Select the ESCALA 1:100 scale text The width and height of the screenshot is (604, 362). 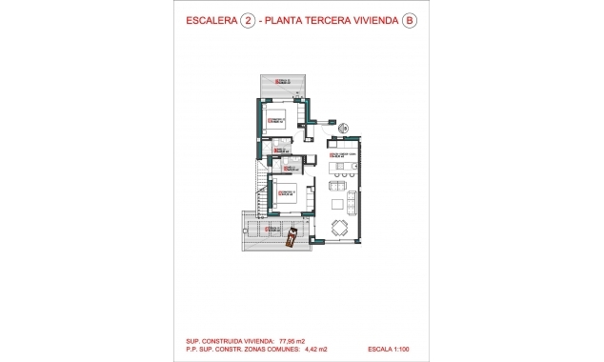tap(392, 349)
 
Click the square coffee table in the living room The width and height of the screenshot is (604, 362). tap(337, 204)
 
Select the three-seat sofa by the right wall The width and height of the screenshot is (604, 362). tap(352, 204)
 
